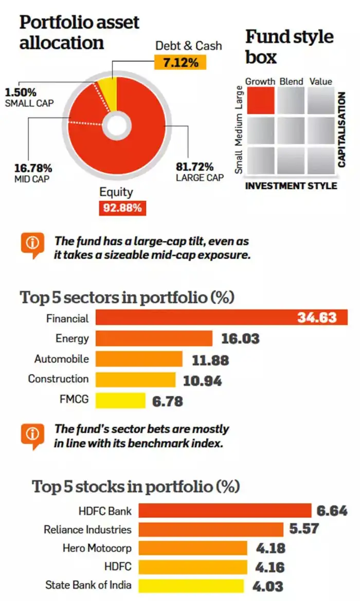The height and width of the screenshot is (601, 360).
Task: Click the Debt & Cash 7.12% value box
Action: pos(180,62)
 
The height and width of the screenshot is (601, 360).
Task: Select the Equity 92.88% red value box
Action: pos(120,208)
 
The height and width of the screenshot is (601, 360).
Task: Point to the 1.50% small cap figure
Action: pos(20,93)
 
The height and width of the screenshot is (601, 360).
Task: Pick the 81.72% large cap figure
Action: pos(194,167)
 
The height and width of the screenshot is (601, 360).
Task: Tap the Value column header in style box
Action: pos(320,81)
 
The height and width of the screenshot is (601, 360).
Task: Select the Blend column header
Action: pos(291,81)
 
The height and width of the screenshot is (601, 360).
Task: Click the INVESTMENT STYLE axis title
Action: pos(291,186)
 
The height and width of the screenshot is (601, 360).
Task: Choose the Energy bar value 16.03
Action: pos(240,339)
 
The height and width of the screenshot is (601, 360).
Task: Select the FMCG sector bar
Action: pos(121,400)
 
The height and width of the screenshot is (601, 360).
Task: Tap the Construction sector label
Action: pos(58,379)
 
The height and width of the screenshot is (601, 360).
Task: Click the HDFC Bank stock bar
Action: pos(225,511)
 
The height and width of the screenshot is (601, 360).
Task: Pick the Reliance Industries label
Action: pos(87,529)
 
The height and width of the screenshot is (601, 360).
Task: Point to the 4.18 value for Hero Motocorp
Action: pos(271,548)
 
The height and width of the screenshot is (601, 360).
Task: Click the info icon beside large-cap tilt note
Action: pos(32,243)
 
